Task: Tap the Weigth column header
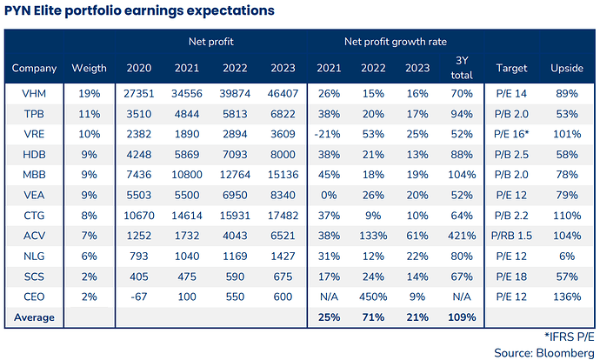pos(89,68)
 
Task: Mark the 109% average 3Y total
pos(462,317)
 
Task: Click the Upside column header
pos(567,68)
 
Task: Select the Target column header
pos(512,68)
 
